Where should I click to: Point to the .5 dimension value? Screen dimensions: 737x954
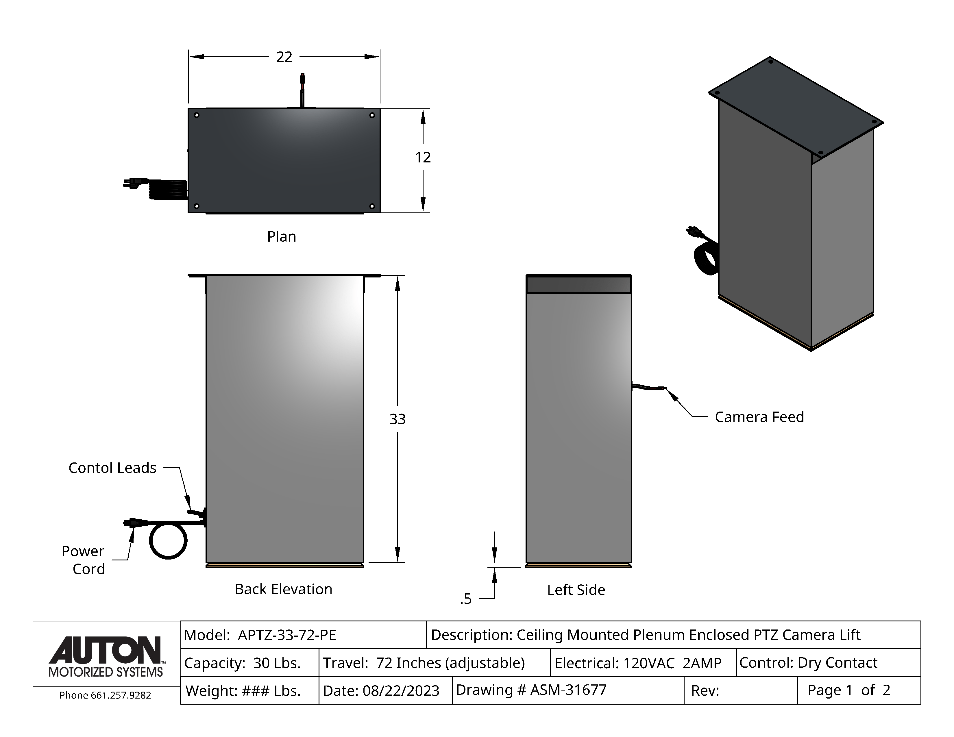click(x=466, y=599)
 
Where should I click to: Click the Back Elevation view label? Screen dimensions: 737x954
click(x=284, y=589)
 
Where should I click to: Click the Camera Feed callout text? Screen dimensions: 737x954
click(x=759, y=417)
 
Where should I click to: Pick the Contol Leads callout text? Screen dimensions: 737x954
click(x=112, y=468)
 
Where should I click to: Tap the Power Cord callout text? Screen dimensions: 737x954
click(x=83, y=560)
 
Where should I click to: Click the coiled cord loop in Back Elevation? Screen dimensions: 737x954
click(x=168, y=541)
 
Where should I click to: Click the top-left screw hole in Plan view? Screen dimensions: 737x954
click(x=197, y=115)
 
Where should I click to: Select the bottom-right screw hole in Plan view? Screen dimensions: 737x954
click(x=372, y=206)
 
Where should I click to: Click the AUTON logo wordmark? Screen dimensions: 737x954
click(x=105, y=651)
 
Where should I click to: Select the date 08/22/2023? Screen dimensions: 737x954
click(x=401, y=691)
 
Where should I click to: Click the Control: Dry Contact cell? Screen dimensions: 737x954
click(x=808, y=663)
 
